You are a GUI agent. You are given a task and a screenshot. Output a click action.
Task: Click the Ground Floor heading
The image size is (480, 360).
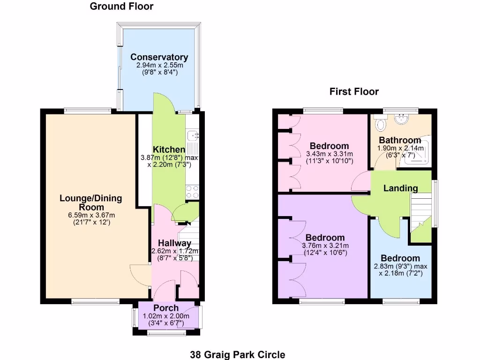[x=121, y=6]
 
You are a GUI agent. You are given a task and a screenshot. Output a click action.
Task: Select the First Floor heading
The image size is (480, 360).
[x=354, y=91]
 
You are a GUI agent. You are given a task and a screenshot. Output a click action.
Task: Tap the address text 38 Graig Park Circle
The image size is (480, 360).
[x=238, y=354]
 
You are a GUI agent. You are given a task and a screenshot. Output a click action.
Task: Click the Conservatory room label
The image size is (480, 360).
[x=159, y=57]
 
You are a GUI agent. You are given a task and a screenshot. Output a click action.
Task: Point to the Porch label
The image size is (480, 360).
[x=166, y=308]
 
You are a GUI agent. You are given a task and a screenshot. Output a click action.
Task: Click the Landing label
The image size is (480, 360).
[x=400, y=188]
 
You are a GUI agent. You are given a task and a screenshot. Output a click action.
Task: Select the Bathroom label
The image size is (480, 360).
[x=400, y=140]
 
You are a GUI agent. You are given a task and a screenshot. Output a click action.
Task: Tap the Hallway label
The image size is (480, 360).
[x=174, y=243]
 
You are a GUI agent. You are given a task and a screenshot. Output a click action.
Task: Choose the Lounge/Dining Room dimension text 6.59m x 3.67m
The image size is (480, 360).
[x=91, y=215]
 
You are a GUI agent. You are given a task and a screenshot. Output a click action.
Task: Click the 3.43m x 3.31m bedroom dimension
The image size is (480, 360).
[x=329, y=154]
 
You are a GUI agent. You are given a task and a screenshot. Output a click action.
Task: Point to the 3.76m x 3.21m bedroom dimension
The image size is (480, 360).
[x=325, y=246]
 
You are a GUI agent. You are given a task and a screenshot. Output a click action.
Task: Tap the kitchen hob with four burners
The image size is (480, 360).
[x=193, y=192]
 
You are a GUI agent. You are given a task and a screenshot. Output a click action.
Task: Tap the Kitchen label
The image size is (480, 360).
[x=169, y=150]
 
